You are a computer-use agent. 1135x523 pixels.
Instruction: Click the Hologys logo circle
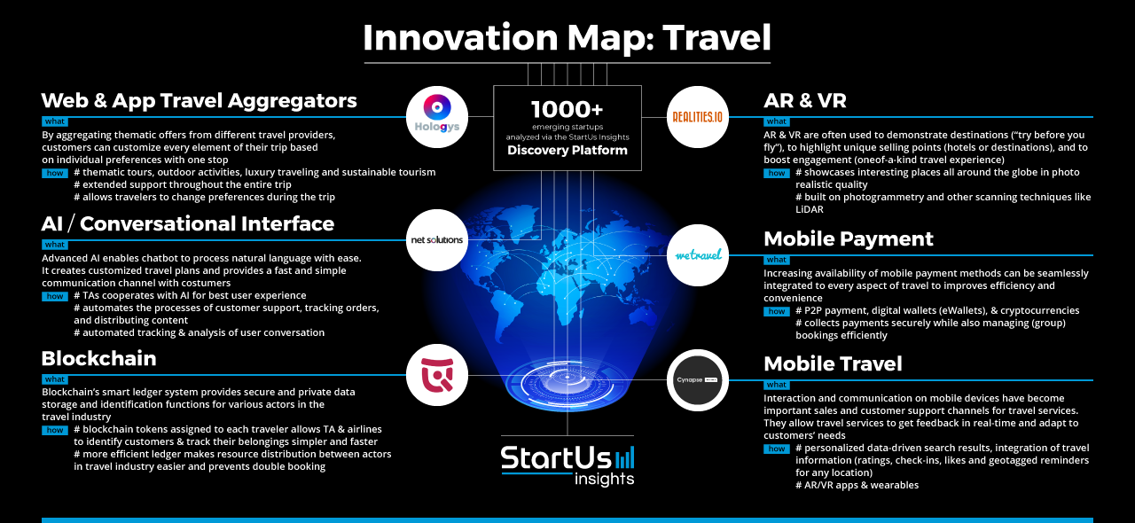(437, 117)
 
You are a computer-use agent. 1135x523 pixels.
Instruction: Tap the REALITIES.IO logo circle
(698, 117)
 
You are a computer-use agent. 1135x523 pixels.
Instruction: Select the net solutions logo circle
(437, 240)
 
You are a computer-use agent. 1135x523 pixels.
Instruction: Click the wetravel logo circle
(698, 255)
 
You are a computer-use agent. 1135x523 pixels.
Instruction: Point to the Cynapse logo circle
(698, 380)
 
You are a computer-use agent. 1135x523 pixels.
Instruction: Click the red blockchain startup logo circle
(437, 376)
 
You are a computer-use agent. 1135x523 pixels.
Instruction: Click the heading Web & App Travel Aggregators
(200, 100)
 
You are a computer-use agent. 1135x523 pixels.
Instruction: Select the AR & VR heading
(805, 100)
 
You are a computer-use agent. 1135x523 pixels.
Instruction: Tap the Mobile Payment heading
(849, 239)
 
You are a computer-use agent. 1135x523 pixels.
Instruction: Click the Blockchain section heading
(98, 358)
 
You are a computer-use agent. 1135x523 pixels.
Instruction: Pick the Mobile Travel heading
(833, 363)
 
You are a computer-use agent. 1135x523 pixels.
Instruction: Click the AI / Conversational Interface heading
(187, 224)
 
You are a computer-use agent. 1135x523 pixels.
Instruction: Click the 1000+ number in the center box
(567, 109)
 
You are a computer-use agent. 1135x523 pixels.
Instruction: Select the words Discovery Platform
(567, 150)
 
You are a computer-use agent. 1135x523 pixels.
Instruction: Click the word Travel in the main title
(717, 37)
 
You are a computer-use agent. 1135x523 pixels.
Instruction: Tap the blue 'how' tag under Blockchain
(55, 430)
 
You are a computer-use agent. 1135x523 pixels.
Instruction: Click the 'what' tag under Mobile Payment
(777, 260)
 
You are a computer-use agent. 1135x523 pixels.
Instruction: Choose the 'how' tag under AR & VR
(777, 174)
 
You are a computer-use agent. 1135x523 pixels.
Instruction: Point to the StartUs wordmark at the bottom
(556, 458)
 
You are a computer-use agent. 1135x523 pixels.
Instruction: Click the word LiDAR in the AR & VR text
(810, 209)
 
